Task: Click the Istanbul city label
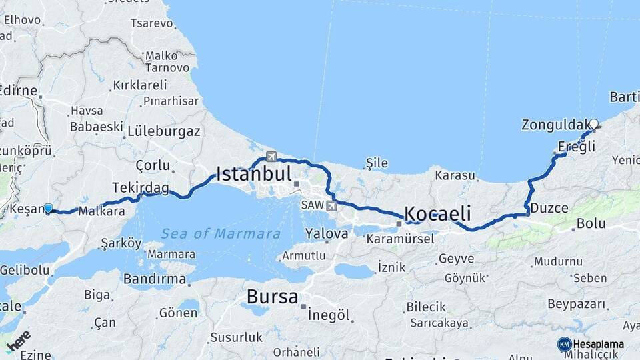click(254, 175)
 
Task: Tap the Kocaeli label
click(437, 214)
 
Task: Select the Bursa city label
click(272, 296)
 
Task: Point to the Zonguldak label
click(555, 125)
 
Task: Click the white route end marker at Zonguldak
click(593, 123)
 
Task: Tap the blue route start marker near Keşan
click(48, 209)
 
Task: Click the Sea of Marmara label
click(221, 233)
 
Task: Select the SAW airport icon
click(331, 205)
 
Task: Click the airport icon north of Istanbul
click(271, 157)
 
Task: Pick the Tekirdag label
click(140, 187)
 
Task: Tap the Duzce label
click(549, 208)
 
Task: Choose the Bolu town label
click(591, 223)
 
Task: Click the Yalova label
click(327, 233)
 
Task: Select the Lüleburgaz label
click(164, 131)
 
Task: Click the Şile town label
click(377, 162)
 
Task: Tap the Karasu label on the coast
click(455, 176)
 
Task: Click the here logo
click(18, 340)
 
